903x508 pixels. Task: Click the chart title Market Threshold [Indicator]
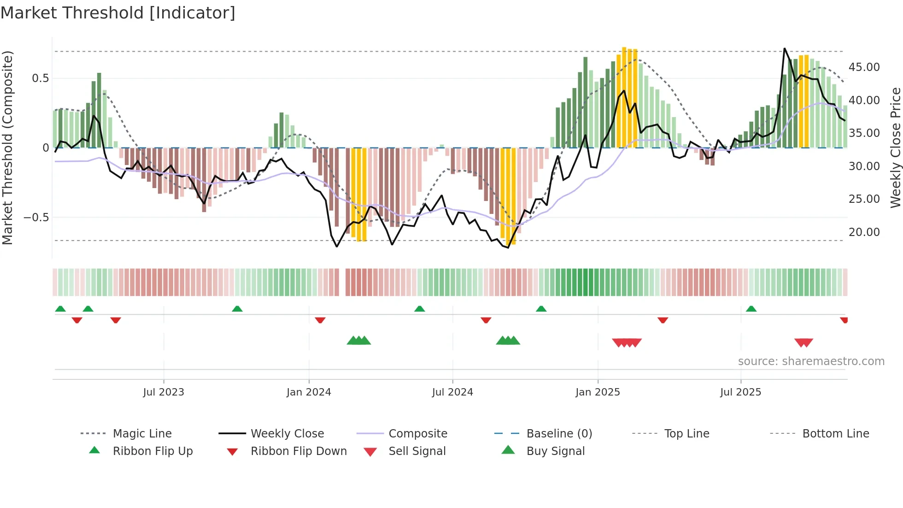coord(118,13)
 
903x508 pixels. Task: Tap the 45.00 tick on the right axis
coord(864,67)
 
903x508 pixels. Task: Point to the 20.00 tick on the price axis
coord(864,232)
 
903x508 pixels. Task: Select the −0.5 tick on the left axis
coord(36,218)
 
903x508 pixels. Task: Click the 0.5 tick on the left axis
coord(40,78)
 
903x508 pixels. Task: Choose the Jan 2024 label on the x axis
coord(309,392)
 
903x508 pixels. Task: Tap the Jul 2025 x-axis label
coord(740,392)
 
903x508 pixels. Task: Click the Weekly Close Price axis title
coord(895,148)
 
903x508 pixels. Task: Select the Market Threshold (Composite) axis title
coord(7,148)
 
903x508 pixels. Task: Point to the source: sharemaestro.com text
coord(811,361)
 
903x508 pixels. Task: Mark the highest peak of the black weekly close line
coord(785,48)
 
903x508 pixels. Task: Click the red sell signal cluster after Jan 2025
coord(627,343)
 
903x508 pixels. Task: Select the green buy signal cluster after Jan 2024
coord(358,341)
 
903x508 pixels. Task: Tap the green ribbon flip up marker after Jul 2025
coord(751,309)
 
